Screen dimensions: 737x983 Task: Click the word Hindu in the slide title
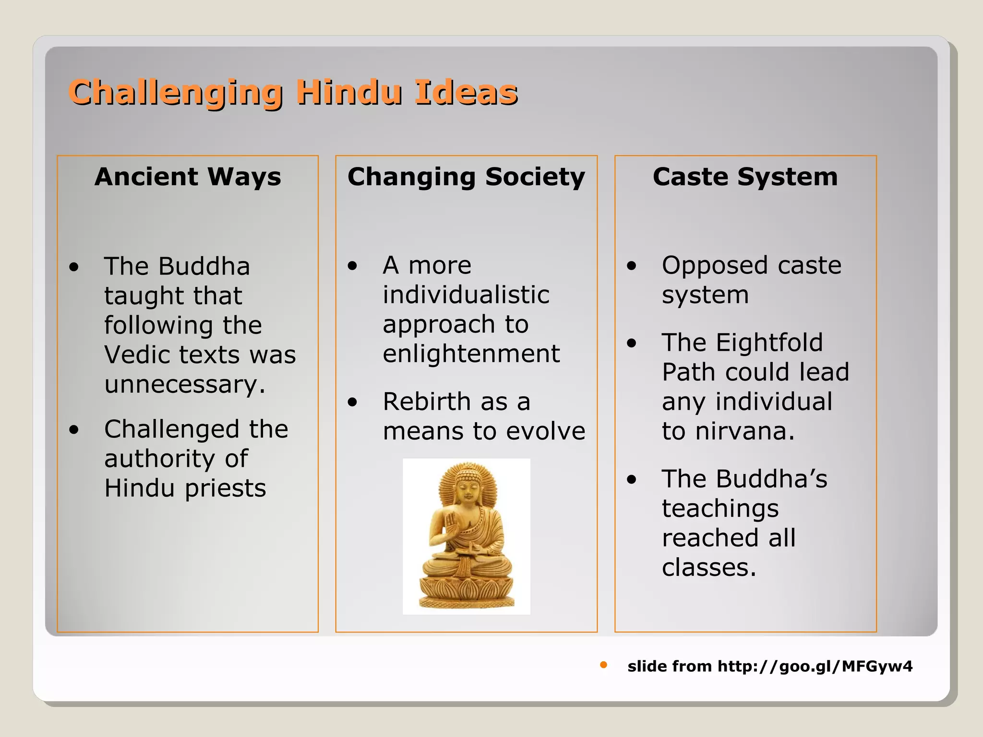[x=348, y=92]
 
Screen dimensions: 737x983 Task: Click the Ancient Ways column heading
[x=188, y=177]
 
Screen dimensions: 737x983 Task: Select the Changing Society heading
[x=466, y=177]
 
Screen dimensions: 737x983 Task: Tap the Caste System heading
[x=745, y=177]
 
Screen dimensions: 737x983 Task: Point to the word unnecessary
[x=184, y=385]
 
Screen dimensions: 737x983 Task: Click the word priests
[x=225, y=488]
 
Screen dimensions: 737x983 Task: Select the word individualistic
[x=466, y=295]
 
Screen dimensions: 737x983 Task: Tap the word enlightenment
[x=471, y=354]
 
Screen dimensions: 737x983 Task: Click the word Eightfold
[x=769, y=343]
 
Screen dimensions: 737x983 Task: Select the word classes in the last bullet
[x=708, y=568]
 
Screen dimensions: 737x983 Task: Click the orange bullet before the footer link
[x=603, y=665]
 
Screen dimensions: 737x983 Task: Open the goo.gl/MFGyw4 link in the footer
[x=815, y=666]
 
